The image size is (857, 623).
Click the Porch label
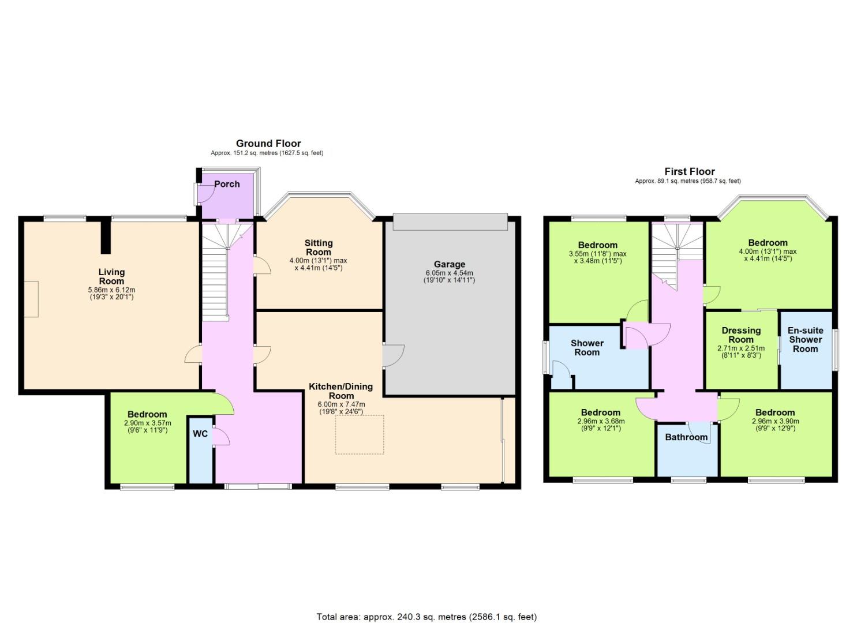pos(227,184)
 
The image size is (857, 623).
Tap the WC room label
pos(200,434)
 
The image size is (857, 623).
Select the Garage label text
pos(450,264)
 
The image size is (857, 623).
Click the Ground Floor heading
pos(268,144)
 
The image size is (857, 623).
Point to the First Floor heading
pos(690,171)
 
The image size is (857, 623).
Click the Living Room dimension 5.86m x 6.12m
pos(111,290)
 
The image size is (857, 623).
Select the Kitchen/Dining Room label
pos(341,391)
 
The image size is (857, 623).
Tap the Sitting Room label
pos(319,247)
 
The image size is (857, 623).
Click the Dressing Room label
pos(741,335)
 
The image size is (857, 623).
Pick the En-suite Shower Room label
pos(806,340)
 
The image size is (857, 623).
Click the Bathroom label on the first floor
pos(686,437)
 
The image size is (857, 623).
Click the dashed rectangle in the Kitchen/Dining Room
pos(360,435)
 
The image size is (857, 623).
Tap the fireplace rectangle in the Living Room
pos(31,299)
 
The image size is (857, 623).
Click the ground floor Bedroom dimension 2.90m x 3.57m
pos(147,423)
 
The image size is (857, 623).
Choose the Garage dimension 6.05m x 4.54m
pos(449,273)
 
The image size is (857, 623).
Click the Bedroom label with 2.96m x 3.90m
pos(775,412)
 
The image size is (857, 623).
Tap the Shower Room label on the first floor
pos(587,348)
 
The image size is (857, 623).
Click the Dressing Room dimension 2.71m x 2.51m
pos(741,348)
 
